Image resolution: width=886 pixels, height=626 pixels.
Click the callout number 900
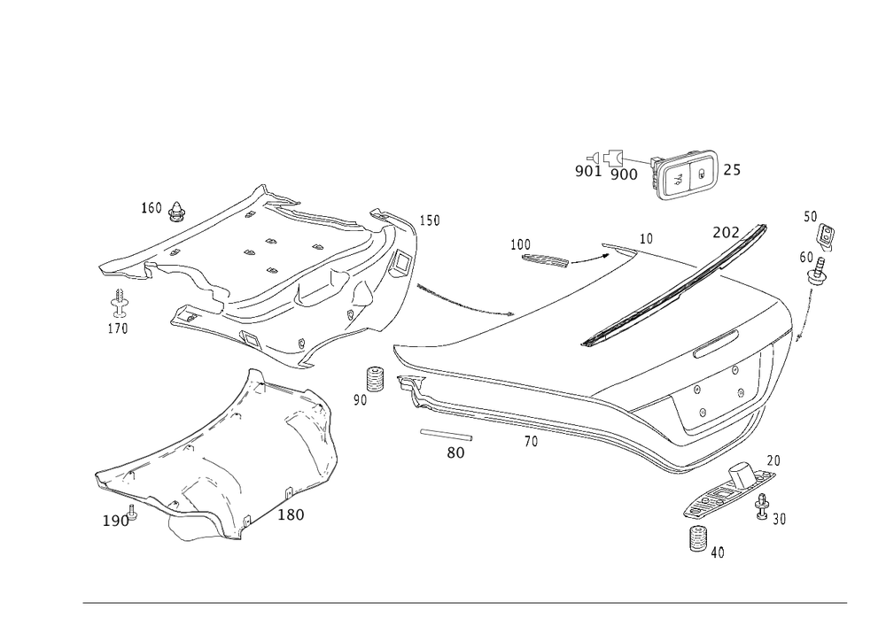point(624,175)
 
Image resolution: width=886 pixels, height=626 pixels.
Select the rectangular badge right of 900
point(687,176)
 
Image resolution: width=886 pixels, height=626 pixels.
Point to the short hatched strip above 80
point(447,435)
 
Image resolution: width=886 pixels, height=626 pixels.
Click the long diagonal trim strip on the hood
point(673,283)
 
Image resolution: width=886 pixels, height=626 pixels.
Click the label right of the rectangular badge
point(730,170)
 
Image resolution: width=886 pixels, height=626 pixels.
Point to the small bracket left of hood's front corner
point(376,382)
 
